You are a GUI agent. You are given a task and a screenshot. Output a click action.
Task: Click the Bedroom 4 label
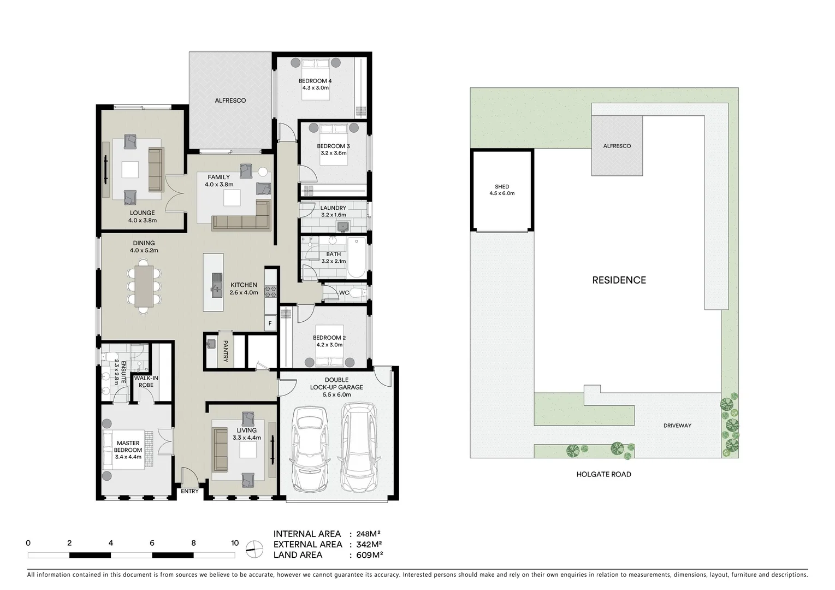pos(315,81)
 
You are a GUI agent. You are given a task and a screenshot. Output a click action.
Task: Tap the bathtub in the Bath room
pos(357,257)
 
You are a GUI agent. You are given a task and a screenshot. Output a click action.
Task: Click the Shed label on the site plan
pos(501,187)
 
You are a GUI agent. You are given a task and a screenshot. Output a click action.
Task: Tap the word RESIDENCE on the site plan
pos(619,280)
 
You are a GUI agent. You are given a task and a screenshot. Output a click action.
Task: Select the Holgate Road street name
pos(603,474)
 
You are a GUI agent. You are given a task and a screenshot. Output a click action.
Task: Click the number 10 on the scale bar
pos(235,543)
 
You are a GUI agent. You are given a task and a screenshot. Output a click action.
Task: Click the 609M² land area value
pos(370,555)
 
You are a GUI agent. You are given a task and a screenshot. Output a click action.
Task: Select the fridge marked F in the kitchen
pos(270,323)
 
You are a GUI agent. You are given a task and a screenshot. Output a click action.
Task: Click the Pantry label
pos(225,351)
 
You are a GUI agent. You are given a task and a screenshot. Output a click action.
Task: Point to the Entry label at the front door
pos(189,491)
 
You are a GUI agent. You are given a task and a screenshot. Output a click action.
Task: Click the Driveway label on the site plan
pos(677,426)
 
